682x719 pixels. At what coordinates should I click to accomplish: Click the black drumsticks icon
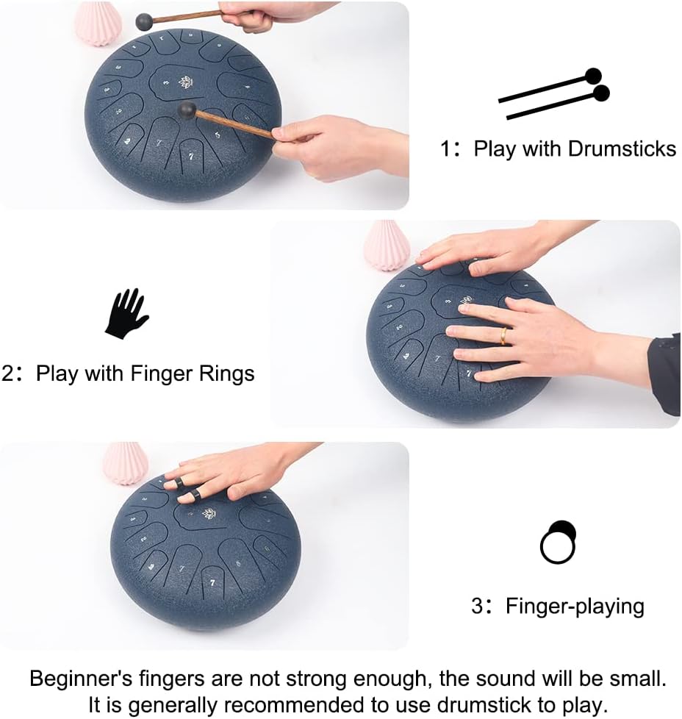555,95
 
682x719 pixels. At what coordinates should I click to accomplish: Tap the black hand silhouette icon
126,313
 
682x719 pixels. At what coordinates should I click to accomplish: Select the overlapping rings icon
558,542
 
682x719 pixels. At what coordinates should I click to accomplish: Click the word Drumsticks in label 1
622,149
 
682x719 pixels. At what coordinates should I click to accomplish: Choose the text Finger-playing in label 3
575,607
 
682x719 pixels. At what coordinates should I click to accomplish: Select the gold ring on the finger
504,335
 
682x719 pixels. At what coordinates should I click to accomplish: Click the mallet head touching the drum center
187,110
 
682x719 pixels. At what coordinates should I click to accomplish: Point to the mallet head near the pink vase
145,21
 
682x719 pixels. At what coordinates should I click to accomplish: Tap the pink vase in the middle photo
387,245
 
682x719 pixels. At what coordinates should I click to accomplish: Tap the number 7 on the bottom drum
212,582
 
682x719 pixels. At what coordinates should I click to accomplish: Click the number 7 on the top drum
191,156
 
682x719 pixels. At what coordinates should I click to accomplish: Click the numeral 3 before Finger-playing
478,607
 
